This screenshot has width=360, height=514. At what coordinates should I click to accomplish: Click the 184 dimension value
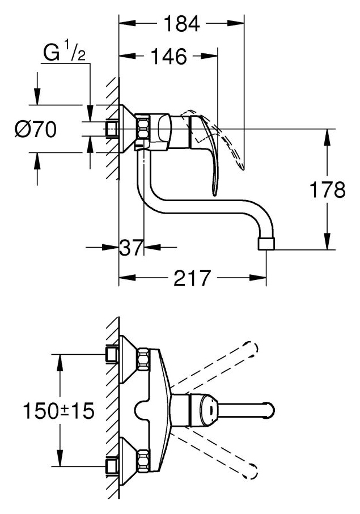click(181, 25)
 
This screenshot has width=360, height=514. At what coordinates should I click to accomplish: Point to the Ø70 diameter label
click(35, 131)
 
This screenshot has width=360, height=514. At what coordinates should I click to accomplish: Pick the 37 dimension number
click(131, 247)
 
